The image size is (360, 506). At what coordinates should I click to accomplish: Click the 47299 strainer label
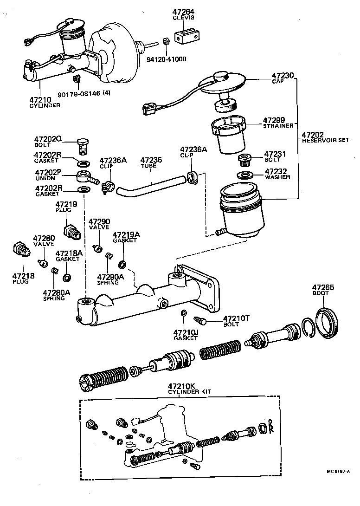pos(276,122)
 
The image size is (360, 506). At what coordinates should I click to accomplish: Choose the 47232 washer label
pos(277,174)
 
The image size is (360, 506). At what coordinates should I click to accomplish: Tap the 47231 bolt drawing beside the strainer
pos(244,161)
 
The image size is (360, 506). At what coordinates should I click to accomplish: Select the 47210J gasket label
pos(185,335)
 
